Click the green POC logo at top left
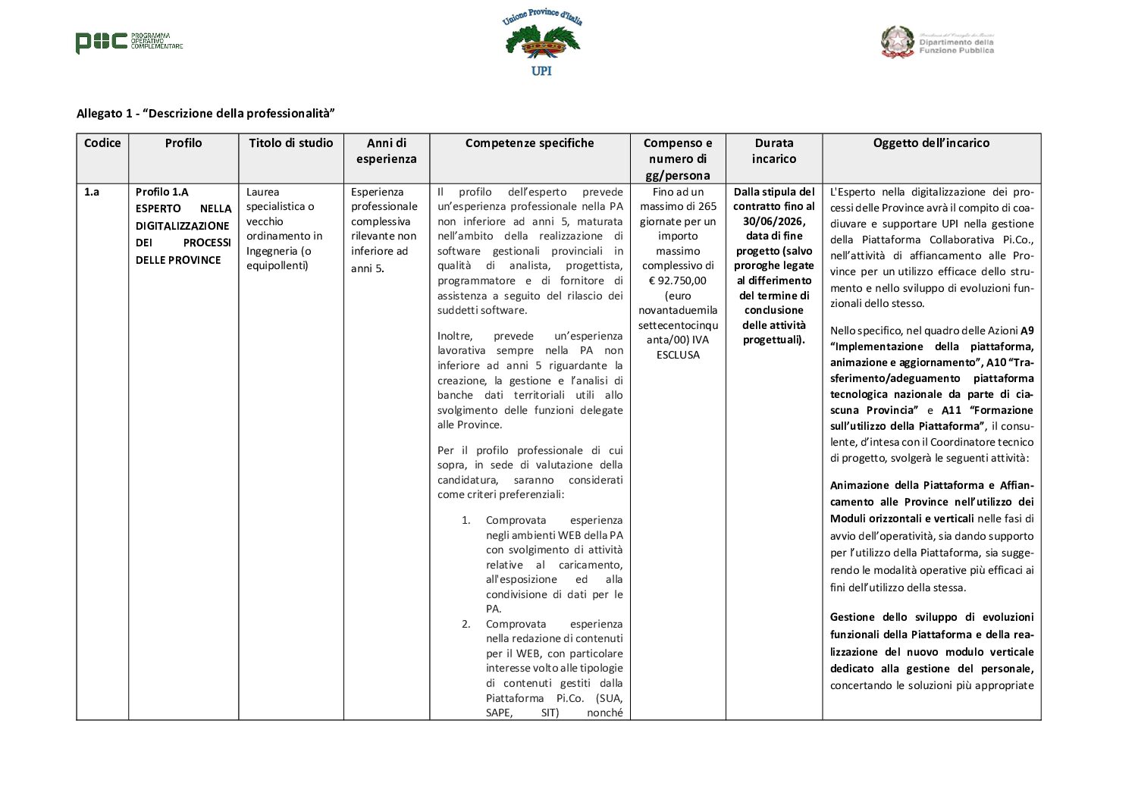pos(102,42)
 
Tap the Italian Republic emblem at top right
pos(897,42)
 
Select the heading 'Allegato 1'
pos(205,114)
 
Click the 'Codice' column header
pos(102,143)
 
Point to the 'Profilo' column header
pos(183,143)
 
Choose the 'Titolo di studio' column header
pos(291,143)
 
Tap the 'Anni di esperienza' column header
pos(387,151)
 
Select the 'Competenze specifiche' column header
pos(530,143)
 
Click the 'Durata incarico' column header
pos(774,151)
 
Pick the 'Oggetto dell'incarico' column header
pos(931,143)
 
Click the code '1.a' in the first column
pos(92,192)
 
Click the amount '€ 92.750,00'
pos(678,280)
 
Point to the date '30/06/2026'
pos(773,221)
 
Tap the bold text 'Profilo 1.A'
pos(162,192)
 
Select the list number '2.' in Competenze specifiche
pos(466,624)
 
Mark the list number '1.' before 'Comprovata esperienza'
pos(466,520)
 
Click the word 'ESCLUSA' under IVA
pos(678,355)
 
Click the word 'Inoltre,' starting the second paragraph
pos(455,336)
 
